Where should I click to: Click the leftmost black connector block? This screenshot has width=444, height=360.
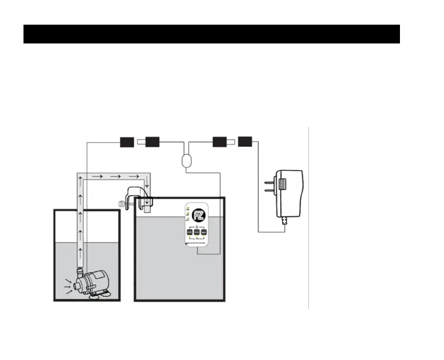[127, 142]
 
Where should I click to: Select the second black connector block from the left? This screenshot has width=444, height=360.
[153, 142]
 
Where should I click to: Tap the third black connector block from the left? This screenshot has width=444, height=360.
[220, 142]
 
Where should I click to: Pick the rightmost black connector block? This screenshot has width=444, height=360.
[245, 142]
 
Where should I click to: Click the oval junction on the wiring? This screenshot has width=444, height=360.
[186, 160]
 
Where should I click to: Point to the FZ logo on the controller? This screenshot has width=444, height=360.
[197, 212]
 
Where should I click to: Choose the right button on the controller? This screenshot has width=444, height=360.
[204, 233]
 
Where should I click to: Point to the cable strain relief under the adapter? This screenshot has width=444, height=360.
[286, 223]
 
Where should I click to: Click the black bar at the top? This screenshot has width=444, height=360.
[211, 34]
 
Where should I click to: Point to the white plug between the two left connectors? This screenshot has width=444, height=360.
[140, 142]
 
